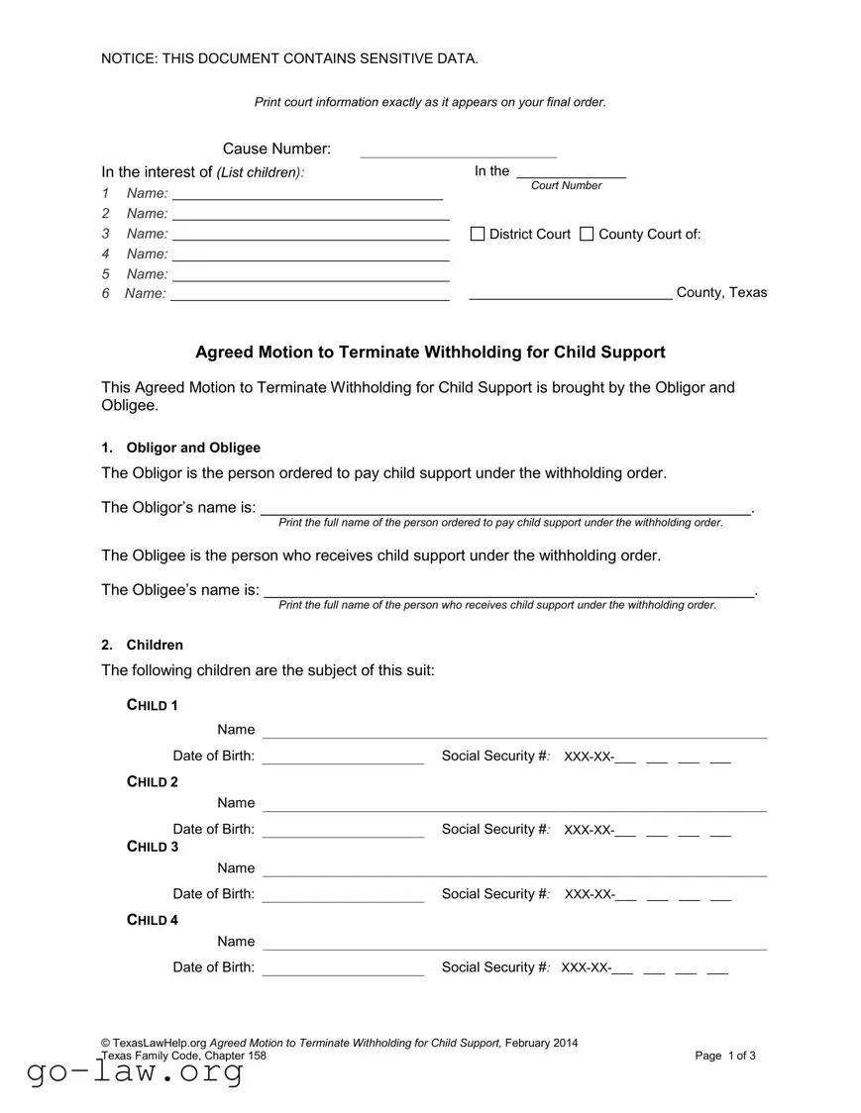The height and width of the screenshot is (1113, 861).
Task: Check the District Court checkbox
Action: click(x=478, y=234)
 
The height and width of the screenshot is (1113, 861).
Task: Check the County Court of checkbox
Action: click(x=587, y=234)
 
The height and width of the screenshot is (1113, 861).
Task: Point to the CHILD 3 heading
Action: click(x=153, y=847)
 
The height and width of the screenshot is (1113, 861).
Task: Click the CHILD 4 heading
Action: click(x=153, y=920)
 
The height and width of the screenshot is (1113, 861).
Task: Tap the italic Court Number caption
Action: click(x=566, y=185)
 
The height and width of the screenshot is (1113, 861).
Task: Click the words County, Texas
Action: click(x=721, y=292)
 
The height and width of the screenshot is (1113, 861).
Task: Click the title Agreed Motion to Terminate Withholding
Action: click(x=430, y=353)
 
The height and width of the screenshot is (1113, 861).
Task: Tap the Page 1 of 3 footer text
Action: click(x=725, y=1056)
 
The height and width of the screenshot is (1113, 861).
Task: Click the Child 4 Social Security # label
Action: click(x=494, y=967)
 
